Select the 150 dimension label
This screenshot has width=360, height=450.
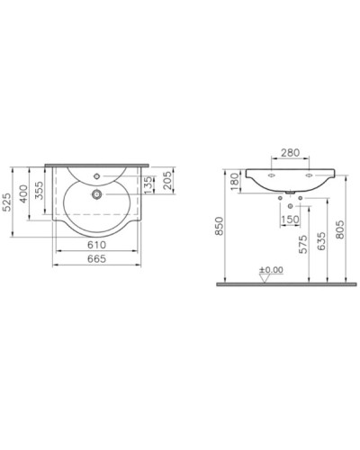click(x=291, y=218)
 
